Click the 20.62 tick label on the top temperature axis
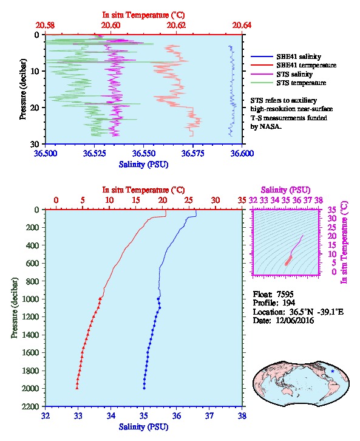tap(176, 26)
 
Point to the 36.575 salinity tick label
tap(193, 154)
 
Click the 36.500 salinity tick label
tap(46, 154)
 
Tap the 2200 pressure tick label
tap(30, 406)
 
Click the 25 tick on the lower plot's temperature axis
tap(189, 200)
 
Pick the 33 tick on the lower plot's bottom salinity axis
tap(78, 415)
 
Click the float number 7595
tap(285, 295)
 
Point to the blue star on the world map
tap(333, 371)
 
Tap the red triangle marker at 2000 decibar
tap(77, 388)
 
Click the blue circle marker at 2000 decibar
tap(144, 388)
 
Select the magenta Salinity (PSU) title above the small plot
tap(285, 190)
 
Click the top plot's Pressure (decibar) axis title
tap(23, 89)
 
